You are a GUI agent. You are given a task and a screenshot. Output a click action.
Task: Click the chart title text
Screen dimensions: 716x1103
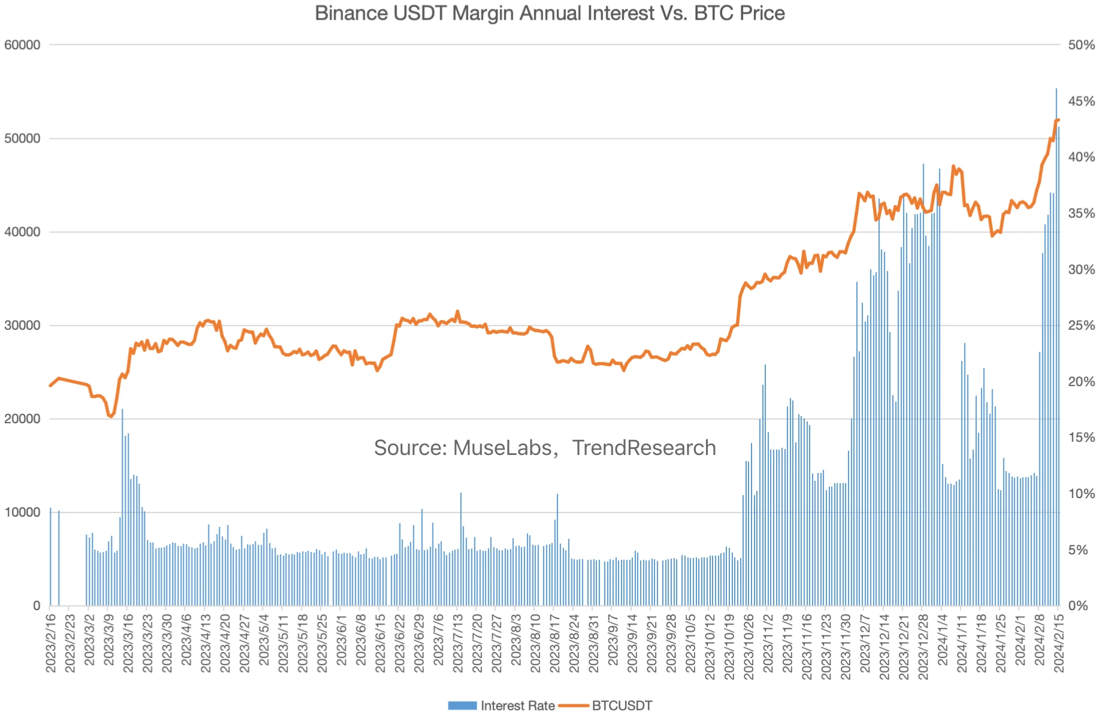click(x=549, y=13)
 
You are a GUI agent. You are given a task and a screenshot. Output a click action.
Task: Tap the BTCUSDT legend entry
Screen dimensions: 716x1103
click(x=622, y=705)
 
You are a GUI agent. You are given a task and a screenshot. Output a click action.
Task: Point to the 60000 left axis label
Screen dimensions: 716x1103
click(x=22, y=45)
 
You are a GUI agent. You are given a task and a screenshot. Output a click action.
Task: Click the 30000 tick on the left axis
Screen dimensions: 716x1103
click(x=22, y=326)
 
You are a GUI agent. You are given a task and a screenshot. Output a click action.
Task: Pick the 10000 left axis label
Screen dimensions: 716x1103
click(x=22, y=512)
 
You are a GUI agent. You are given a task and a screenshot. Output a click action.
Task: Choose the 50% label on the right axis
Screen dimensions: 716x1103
click(x=1081, y=45)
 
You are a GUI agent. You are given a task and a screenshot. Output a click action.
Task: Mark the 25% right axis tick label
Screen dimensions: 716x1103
click(x=1081, y=326)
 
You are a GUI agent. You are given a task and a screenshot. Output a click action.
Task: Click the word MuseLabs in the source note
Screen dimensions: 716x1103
click(x=502, y=448)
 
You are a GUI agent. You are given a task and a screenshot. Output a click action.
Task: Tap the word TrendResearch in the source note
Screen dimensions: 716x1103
click(x=644, y=448)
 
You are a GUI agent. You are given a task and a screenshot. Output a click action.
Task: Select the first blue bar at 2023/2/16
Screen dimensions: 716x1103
click(x=50, y=557)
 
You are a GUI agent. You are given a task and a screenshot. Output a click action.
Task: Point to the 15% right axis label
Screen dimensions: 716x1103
click(x=1081, y=438)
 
